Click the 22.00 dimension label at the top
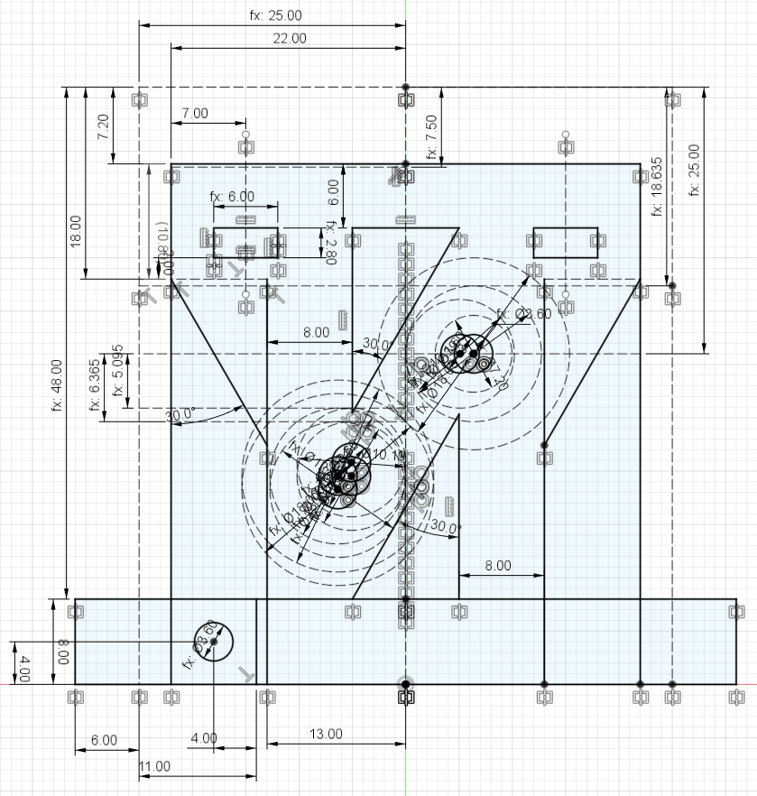tap(288, 38)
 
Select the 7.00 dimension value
tap(195, 113)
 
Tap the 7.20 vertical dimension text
tap(104, 125)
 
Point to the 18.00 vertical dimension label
tap(75, 231)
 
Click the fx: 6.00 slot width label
tap(232, 196)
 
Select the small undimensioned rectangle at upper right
tap(566, 241)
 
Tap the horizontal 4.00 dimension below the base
tap(204, 737)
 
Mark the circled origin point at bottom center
tap(405, 685)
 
